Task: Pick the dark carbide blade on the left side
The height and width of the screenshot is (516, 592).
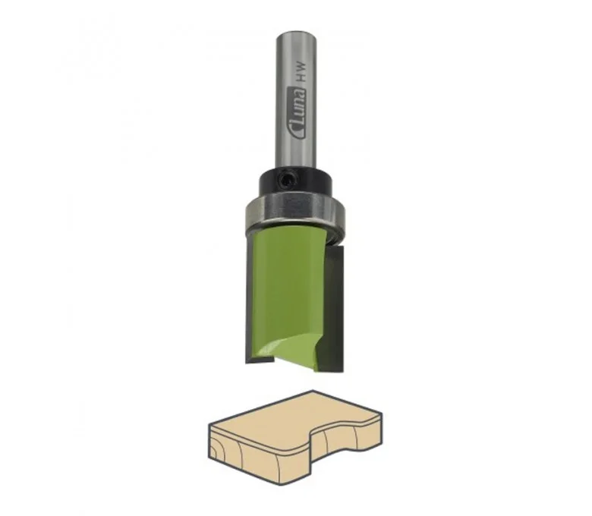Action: pos(250,298)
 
